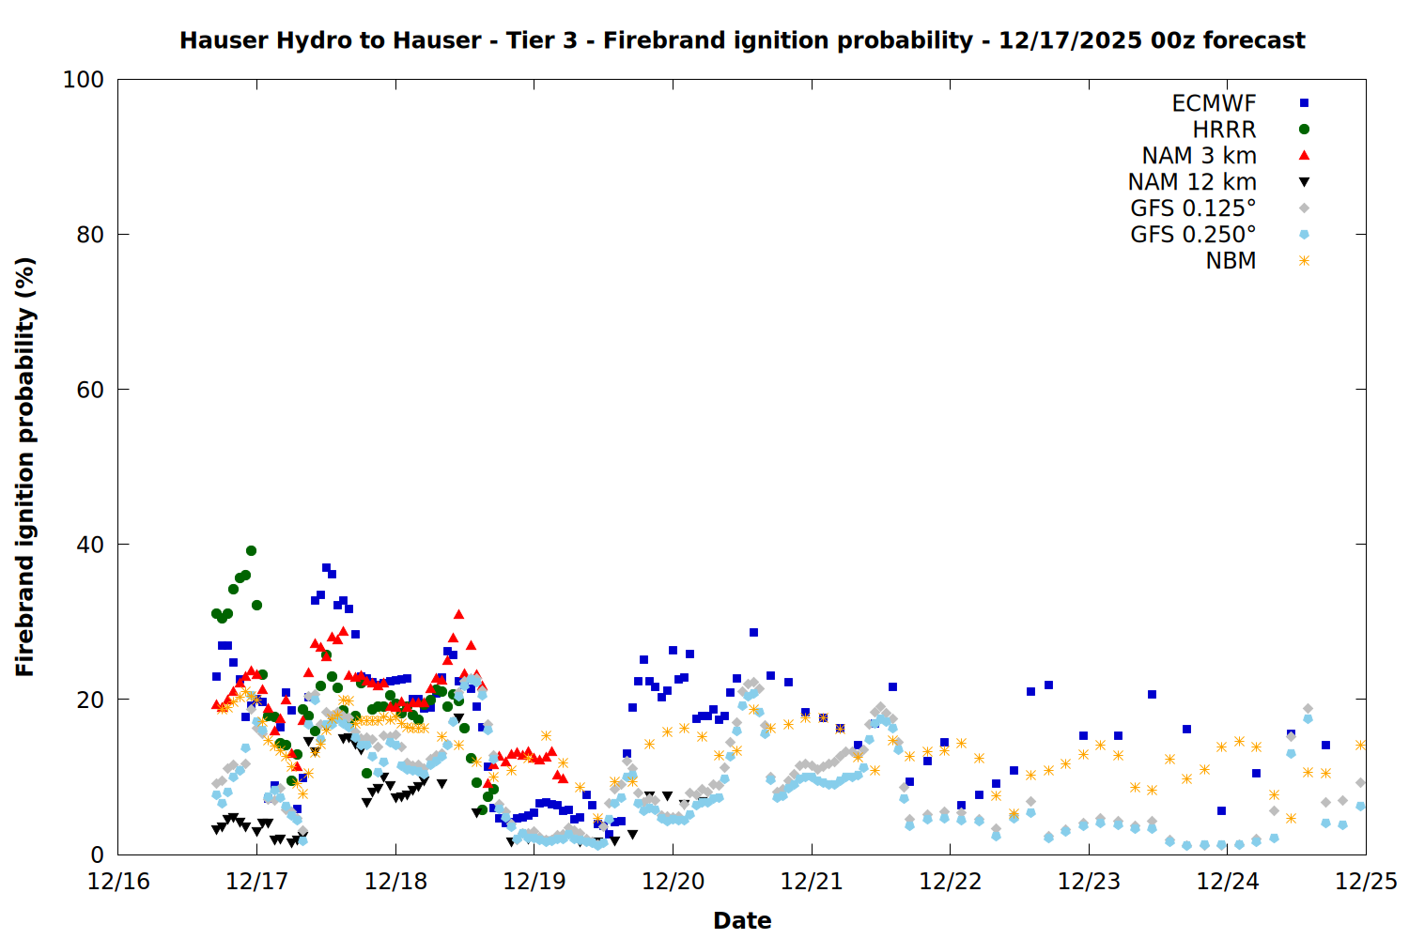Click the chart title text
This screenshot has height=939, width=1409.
[742, 40]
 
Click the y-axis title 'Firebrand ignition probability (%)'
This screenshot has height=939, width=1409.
[25, 467]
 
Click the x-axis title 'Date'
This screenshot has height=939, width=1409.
[742, 920]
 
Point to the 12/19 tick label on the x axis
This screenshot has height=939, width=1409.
[534, 882]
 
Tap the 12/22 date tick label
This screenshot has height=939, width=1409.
[950, 882]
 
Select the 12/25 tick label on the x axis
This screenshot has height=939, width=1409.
[1366, 882]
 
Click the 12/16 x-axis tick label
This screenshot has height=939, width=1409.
[118, 882]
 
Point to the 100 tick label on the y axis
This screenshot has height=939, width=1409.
[84, 80]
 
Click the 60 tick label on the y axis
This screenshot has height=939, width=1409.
[90, 390]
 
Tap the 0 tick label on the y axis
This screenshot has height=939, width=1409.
[97, 854]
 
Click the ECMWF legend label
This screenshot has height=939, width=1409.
[1214, 103]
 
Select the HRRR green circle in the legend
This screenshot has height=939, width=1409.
[1304, 130]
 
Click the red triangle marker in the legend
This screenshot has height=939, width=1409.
[1304, 156]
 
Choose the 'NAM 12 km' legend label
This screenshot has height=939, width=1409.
[1192, 182]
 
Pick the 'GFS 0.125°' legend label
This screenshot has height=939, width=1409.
[1193, 208]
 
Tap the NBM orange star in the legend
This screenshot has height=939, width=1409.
[1304, 261]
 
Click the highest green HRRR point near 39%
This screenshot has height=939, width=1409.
[251, 551]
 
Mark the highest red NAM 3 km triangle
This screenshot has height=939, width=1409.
[458, 614]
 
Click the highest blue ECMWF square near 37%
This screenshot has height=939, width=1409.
[326, 568]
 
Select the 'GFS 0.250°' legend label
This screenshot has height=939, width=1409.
[1193, 235]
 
